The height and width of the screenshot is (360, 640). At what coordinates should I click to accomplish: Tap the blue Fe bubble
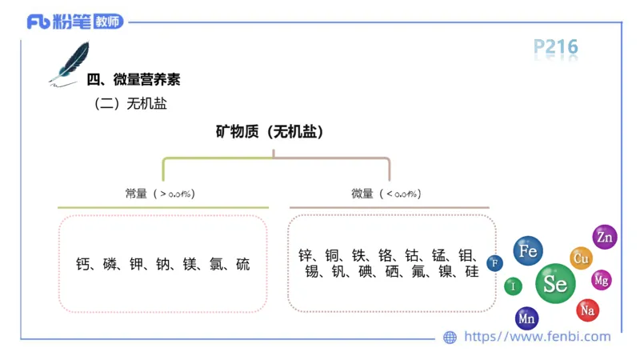point(528,251)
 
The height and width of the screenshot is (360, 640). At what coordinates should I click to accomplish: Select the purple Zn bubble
point(604,237)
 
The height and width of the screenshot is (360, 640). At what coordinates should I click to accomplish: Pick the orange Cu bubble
point(582,258)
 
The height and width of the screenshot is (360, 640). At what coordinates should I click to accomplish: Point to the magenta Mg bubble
point(602,280)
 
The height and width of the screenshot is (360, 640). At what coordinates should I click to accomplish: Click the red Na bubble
point(588,309)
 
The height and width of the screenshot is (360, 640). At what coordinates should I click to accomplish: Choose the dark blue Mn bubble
point(526,318)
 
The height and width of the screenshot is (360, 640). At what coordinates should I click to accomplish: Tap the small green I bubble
point(513,286)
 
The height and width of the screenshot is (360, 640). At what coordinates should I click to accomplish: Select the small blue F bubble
point(495,262)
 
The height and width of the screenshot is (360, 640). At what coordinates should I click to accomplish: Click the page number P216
point(556,48)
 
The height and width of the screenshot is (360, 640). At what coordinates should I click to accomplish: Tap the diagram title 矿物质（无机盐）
point(273,132)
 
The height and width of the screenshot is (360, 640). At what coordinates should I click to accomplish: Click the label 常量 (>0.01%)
point(160,194)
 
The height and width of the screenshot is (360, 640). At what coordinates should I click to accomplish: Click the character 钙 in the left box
point(83,263)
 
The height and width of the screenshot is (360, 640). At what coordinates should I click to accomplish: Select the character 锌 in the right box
point(305,255)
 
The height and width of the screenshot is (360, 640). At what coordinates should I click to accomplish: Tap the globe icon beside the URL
point(450,337)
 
